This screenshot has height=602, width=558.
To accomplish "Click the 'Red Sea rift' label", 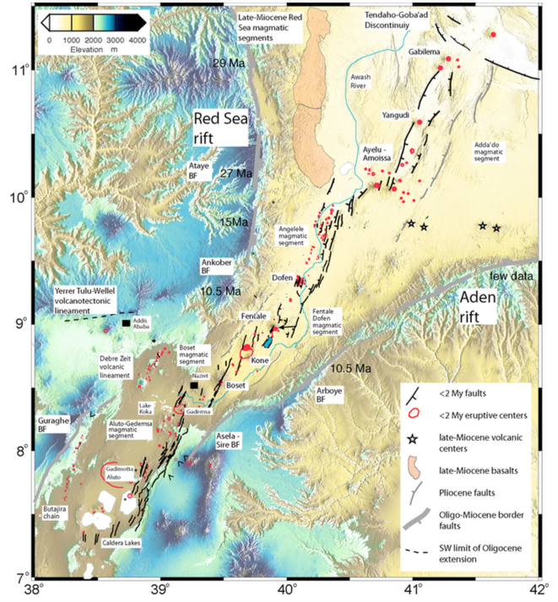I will point(222,129).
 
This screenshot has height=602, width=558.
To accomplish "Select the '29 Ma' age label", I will point(229,64).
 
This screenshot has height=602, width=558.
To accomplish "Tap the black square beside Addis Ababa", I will point(126,323).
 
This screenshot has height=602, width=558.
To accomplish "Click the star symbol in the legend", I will point(413,438).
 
